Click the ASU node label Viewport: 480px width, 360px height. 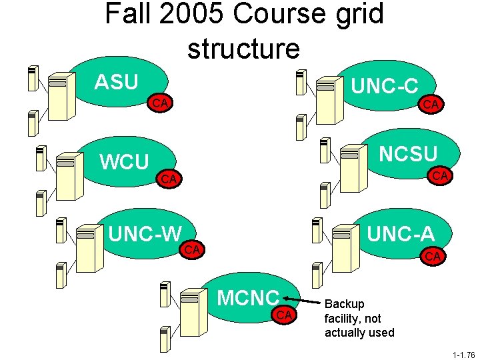tap(116, 82)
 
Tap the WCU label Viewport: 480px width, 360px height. tap(123, 162)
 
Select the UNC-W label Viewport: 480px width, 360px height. tap(145, 233)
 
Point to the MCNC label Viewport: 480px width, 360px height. tap(248, 298)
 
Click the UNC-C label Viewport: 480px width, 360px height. tap(385, 86)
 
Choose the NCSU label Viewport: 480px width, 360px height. tap(408, 154)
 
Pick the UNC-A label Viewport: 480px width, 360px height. tap(401, 233)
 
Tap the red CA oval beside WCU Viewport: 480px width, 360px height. tap(169, 179)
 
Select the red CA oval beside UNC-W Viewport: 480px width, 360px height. tap(193, 249)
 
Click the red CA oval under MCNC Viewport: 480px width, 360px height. tap(285, 315)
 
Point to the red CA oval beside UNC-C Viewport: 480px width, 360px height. tap(431, 103)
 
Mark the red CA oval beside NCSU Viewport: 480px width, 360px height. tap(439, 175)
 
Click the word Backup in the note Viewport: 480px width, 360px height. tap(344, 304)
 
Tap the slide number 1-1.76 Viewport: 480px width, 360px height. tap(462, 355)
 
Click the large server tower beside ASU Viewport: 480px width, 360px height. tap(58, 95)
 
